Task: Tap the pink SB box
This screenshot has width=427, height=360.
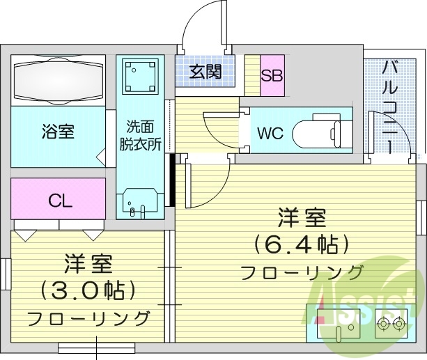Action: tap(272, 75)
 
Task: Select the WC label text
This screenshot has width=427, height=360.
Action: tap(270, 132)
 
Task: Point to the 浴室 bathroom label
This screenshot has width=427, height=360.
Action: tap(58, 131)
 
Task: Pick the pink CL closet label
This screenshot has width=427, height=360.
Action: tap(60, 201)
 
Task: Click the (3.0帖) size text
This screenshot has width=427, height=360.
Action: tap(88, 289)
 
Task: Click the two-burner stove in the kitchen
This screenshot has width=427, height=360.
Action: tap(391, 323)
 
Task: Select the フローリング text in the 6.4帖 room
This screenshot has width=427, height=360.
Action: tap(302, 272)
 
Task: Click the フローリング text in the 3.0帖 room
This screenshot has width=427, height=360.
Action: tap(88, 318)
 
